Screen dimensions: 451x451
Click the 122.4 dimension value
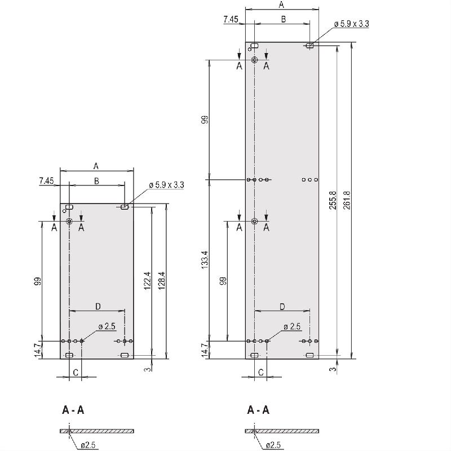(x=147, y=281)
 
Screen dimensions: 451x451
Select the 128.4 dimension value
(x=161, y=281)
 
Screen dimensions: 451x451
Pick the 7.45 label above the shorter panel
(x=46, y=181)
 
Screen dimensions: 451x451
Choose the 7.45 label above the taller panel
(x=231, y=20)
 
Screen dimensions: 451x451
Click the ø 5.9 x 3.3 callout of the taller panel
(x=351, y=24)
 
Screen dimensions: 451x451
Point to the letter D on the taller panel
(x=282, y=306)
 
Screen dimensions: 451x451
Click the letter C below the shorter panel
(x=76, y=373)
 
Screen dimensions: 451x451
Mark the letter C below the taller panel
(x=261, y=373)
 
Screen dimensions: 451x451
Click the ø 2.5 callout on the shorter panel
(x=107, y=327)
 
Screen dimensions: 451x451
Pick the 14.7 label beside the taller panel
(x=205, y=349)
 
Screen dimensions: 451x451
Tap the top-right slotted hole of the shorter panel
(x=125, y=207)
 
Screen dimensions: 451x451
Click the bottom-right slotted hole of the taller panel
(x=309, y=355)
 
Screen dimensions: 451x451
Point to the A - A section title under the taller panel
(x=258, y=410)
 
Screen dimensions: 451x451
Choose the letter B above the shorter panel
(x=96, y=180)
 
